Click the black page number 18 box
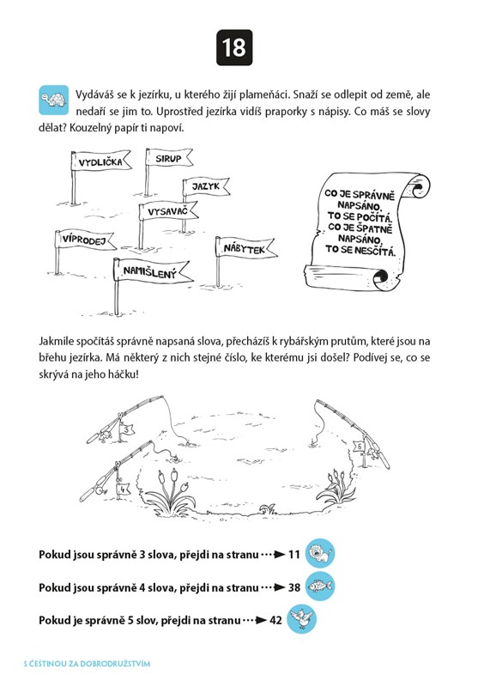point(234,48)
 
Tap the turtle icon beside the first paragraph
point(54,100)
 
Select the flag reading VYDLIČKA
point(101,161)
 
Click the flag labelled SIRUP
point(169,158)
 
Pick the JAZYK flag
point(206,186)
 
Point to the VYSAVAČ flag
point(168,211)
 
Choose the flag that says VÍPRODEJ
point(85,240)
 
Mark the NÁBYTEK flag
point(245,248)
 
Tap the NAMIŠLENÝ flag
point(151,271)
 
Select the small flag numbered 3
point(126,429)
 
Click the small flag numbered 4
point(123,489)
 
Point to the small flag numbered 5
point(360,447)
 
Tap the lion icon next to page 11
point(320,554)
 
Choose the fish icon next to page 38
point(320,587)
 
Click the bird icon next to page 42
point(301,619)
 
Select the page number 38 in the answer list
point(294,587)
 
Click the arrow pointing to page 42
point(255,620)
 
